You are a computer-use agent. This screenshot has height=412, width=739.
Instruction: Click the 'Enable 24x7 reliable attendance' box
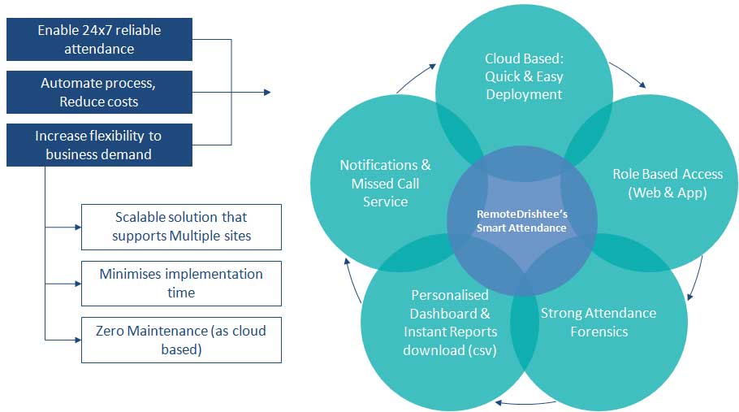(x=99, y=40)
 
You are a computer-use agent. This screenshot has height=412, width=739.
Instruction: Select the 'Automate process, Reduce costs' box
(x=99, y=93)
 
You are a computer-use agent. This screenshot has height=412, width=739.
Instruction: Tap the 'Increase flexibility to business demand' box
(x=99, y=145)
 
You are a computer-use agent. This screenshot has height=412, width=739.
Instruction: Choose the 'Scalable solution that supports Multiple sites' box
(x=181, y=227)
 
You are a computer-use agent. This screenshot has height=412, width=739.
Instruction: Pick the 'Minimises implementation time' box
(x=181, y=284)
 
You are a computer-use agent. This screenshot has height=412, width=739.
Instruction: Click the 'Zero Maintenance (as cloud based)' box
(x=181, y=340)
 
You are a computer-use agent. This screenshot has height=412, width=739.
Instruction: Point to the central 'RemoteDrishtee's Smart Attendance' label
(x=521, y=221)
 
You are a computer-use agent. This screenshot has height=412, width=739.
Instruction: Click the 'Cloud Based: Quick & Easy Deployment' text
(x=524, y=76)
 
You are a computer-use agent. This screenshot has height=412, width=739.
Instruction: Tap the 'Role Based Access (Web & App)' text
(x=668, y=183)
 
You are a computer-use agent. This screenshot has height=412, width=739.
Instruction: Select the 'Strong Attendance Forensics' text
(x=599, y=322)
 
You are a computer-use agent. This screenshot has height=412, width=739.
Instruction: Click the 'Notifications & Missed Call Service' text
(x=385, y=184)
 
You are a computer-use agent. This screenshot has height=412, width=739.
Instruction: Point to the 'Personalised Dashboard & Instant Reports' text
(x=450, y=314)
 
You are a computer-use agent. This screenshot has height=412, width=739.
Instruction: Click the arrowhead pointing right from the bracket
(x=267, y=93)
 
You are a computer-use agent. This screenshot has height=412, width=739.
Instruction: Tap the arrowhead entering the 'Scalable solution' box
(x=78, y=228)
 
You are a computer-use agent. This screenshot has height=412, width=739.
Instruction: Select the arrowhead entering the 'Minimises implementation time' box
(x=78, y=284)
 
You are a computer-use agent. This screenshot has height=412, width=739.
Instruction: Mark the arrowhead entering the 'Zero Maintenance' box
(x=78, y=340)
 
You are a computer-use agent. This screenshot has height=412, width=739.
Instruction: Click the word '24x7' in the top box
(x=98, y=30)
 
